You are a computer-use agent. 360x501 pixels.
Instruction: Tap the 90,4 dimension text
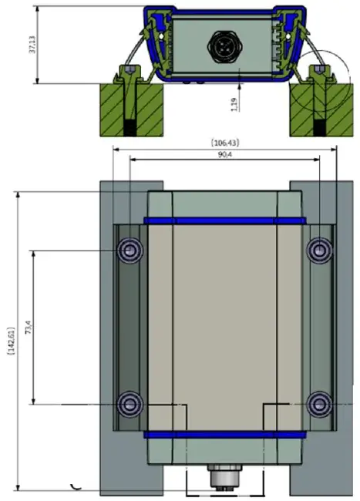pos(224,154)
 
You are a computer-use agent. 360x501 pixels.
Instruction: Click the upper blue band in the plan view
pos(224,220)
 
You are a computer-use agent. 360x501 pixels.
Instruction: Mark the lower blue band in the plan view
pos(224,434)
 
